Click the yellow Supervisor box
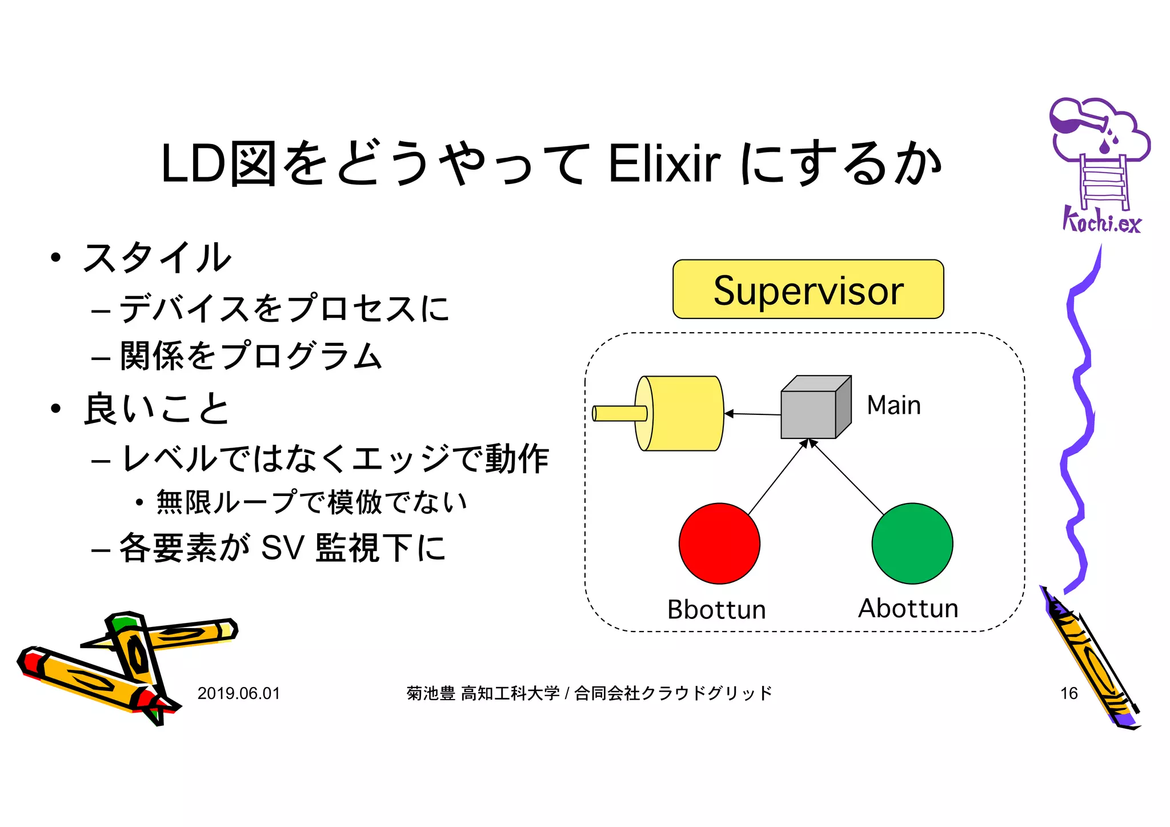808,289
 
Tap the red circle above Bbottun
719,543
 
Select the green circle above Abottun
912,543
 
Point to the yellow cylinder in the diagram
680,413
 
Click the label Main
893,405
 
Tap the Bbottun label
716,609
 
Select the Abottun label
908,608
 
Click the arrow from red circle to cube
777,477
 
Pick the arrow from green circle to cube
848,477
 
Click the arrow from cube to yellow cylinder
753,414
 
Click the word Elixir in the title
664,164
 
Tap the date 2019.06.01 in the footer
239,693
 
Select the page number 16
1069,693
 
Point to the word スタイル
157,258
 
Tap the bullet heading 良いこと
157,409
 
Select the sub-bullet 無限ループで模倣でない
311,502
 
